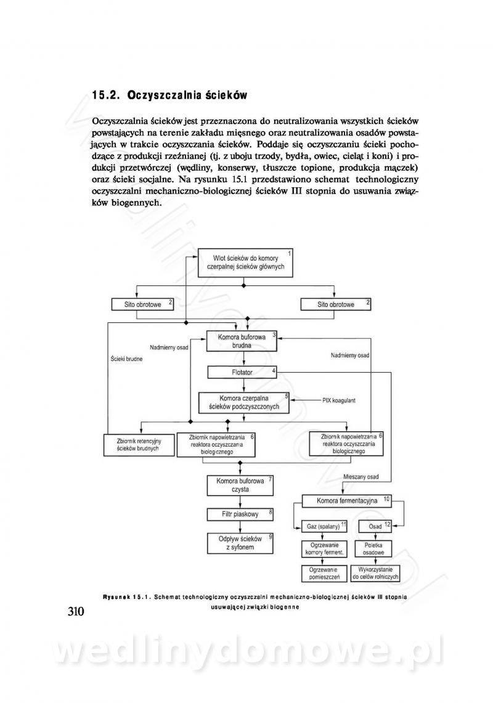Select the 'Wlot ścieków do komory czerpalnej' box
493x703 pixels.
coord(245,261)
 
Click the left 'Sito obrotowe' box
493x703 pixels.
coord(141,304)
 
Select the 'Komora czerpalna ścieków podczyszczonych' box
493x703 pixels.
coord(244,402)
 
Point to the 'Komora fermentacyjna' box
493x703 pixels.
coord(347,500)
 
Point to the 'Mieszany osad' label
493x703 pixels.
coord(361,477)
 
